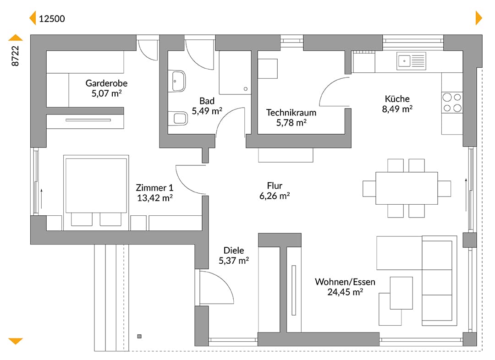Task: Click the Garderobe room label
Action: click(x=106, y=83)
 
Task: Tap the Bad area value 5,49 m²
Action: click(x=207, y=111)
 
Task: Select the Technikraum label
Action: click(x=291, y=113)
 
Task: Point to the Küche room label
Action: click(x=397, y=99)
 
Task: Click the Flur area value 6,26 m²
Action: click(x=275, y=196)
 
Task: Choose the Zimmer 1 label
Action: click(x=155, y=188)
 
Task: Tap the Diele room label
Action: click(x=234, y=251)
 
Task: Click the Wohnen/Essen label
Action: click(x=345, y=282)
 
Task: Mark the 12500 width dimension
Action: click(x=52, y=19)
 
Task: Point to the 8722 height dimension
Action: click(x=15, y=56)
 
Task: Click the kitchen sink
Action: click(x=411, y=61)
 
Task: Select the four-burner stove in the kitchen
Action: click(x=452, y=103)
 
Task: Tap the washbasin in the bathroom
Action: click(x=177, y=82)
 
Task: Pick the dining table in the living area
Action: click(x=407, y=188)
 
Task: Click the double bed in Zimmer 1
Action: click(x=96, y=192)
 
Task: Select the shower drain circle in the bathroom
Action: click(x=246, y=89)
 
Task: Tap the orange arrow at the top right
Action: click(x=479, y=18)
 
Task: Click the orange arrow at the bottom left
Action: click(x=16, y=341)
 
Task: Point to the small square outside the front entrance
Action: click(x=139, y=336)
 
